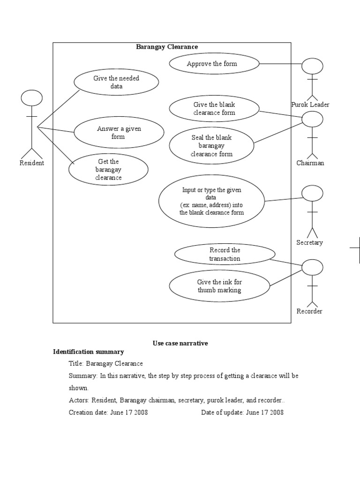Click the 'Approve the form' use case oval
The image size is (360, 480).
click(x=214, y=64)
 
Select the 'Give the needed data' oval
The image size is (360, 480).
click(x=116, y=82)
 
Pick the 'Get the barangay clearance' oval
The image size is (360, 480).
click(x=108, y=169)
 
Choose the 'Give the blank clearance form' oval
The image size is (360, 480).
click(x=214, y=109)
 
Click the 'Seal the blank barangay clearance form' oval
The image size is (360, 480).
click(x=211, y=145)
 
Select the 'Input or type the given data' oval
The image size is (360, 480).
click(x=211, y=201)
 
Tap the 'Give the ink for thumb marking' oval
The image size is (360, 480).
click(x=219, y=286)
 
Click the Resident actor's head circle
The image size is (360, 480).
click(x=32, y=98)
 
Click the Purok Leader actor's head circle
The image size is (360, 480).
click(x=312, y=66)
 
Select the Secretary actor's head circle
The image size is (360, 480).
click(x=312, y=193)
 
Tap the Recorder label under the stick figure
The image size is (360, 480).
click(x=309, y=311)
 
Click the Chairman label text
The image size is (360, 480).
click(x=310, y=163)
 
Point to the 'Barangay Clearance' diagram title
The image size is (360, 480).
click(x=167, y=47)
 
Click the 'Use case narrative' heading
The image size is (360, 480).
click(x=180, y=343)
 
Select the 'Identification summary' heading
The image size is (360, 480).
click(x=89, y=352)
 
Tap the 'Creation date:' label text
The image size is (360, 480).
click(x=88, y=412)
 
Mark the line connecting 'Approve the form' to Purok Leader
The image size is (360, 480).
click(x=280, y=64)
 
